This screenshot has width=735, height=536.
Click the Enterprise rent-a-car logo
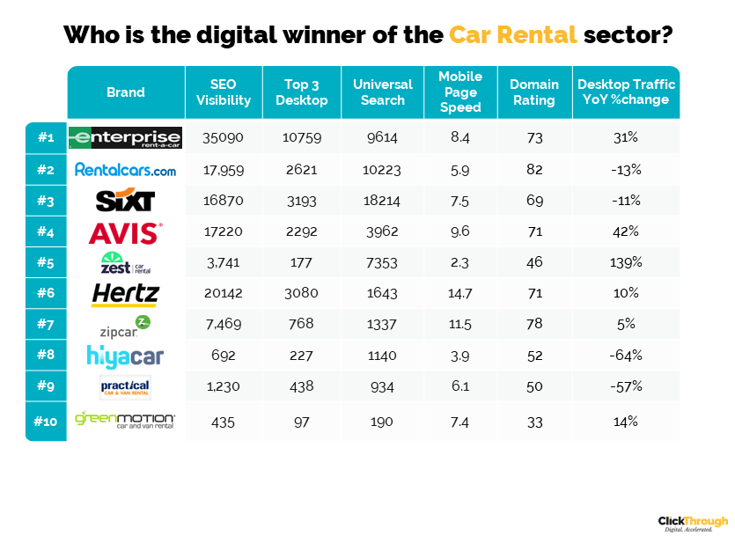(126, 137)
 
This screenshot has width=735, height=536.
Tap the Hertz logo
(125, 294)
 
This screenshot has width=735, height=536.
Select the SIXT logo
(125, 201)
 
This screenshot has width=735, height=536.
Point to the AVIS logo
(125, 232)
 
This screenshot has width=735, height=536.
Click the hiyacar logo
(125, 356)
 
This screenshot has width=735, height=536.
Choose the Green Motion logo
(125, 421)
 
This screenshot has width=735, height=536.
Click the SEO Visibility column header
(224, 92)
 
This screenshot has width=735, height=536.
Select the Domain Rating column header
(533, 92)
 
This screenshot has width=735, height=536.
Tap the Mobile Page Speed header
(460, 92)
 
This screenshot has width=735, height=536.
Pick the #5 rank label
(46, 263)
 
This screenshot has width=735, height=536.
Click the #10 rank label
(46, 421)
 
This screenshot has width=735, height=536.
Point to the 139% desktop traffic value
(626, 263)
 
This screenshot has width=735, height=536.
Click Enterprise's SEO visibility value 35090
(224, 138)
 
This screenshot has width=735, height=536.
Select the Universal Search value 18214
(382, 201)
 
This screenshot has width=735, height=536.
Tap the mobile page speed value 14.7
(460, 294)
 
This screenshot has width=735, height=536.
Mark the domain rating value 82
(533, 169)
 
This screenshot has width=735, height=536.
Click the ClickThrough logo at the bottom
(693, 523)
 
